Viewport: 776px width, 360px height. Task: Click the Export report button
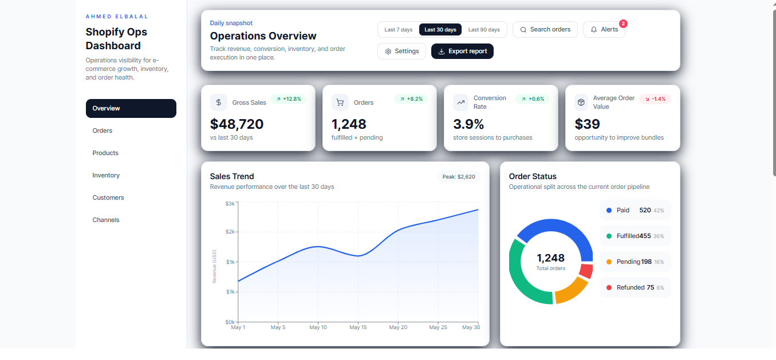coord(462,51)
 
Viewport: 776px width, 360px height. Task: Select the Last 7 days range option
coord(398,30)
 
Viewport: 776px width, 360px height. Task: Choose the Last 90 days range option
coord(483,30)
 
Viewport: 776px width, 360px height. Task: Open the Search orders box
coord(545,30)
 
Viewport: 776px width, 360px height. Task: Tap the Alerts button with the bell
coord(604,30)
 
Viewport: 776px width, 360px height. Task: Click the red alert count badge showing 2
coord(623,24)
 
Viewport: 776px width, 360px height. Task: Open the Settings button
coord(401,51)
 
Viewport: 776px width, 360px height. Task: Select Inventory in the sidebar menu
coord(106,175)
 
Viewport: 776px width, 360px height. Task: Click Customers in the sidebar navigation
coord(108,197)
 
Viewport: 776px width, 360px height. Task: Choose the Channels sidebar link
coord(106,220)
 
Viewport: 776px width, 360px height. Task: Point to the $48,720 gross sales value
coord(237,124)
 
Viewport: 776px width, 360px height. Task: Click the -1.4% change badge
coord(655,99)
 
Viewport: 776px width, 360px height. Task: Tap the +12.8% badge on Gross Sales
coord(288,99)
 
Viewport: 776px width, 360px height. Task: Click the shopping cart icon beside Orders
coord(340,102)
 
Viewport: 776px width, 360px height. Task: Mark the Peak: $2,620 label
coord(459,177)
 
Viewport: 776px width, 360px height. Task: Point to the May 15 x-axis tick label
coord(358,327)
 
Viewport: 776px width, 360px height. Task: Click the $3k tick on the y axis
coord(230,203)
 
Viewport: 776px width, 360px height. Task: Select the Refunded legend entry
coord(635,287)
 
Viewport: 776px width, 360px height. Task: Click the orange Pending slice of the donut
coord(573,291)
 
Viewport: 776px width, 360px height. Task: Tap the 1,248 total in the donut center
coord(550,258)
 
